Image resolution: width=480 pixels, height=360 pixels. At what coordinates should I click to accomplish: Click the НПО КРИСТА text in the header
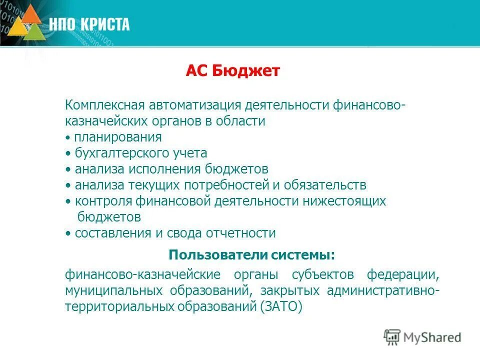pos(89,23)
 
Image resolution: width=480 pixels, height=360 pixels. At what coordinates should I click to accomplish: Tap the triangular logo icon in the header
pos(28,23)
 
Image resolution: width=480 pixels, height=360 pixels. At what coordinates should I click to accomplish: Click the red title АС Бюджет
pos(232,71)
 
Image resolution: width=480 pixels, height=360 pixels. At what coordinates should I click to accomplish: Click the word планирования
pos(117,137)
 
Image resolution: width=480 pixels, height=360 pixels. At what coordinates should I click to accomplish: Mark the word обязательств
pos(325,185)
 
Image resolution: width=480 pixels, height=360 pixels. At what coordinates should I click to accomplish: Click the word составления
pos(113,233)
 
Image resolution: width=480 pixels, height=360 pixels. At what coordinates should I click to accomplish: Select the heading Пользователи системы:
pos(251,255)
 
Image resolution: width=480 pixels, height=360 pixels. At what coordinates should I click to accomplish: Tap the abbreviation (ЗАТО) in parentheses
pos(281,306)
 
